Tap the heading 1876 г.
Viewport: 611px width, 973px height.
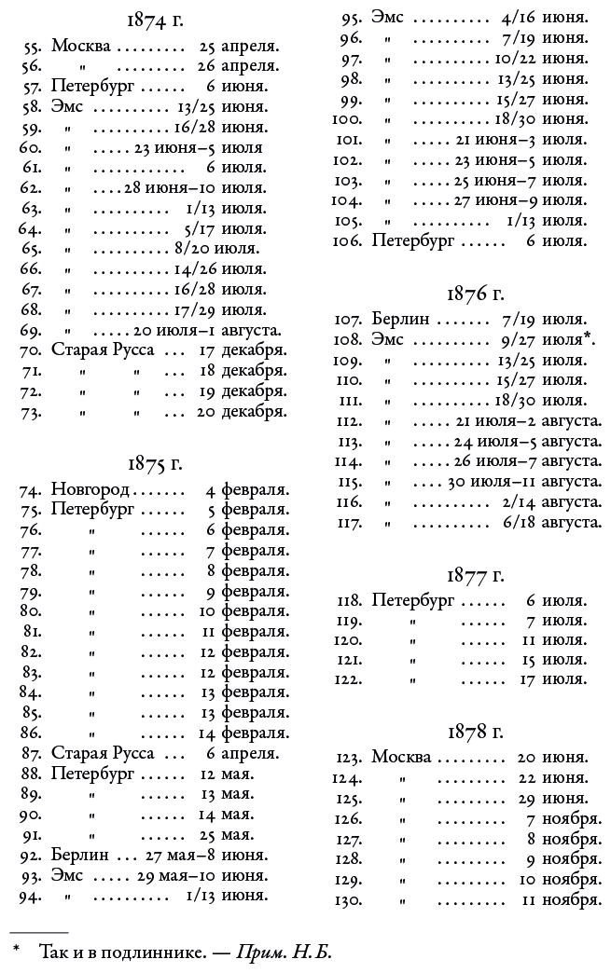click(x=475, y=294)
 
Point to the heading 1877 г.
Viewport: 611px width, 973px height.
click(x=475, y=575)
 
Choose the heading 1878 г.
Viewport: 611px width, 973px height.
click(x=475, y=731)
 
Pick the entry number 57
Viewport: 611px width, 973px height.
click(x=32, y=86)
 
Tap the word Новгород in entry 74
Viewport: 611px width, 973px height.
click(x=91, y=488)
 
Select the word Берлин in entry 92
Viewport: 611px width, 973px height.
click(x=80, y=854)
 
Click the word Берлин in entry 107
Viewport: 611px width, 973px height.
click(x=400, y=319)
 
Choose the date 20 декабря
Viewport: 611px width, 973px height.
click(x=242, y=411)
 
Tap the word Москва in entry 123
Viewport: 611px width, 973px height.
click(x=401, y=756)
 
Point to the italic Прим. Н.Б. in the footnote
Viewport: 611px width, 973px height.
click(x=284, y=953)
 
